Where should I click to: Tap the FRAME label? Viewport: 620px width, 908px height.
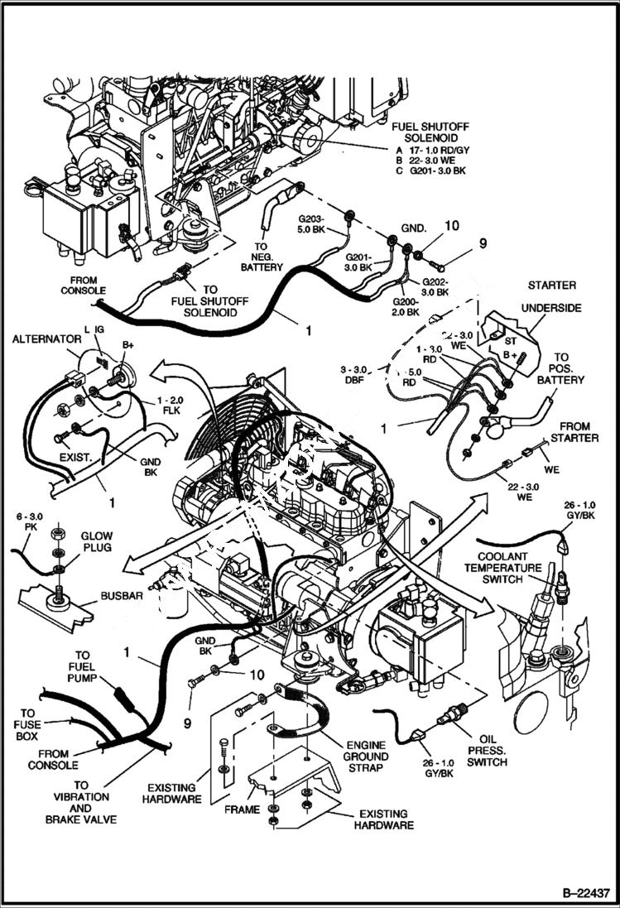point(243,810)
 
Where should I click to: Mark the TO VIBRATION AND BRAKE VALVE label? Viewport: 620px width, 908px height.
point(80,802)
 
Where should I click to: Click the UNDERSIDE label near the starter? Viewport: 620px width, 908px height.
point(550,308)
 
